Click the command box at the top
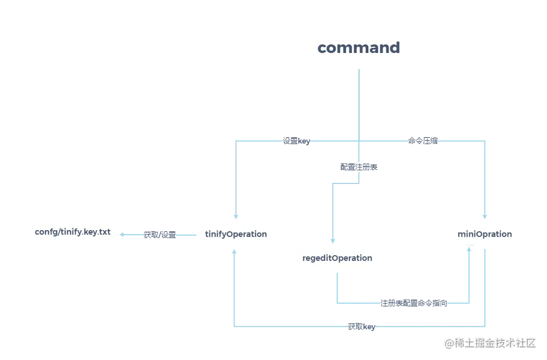click(359, 48)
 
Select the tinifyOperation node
click(236, 234)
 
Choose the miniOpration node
click(484, 234)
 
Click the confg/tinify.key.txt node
click(72, 232)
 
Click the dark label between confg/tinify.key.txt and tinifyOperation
click(159, 234)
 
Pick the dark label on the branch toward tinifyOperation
click(295, 141)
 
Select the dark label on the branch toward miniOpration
click(423, 141)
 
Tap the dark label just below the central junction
click(357, 167)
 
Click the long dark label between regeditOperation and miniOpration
click(413, 303)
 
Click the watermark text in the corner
click(490, 342)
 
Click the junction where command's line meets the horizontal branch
click(359, 140)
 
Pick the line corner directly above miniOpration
click(484, 140)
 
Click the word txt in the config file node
click(105, 232)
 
